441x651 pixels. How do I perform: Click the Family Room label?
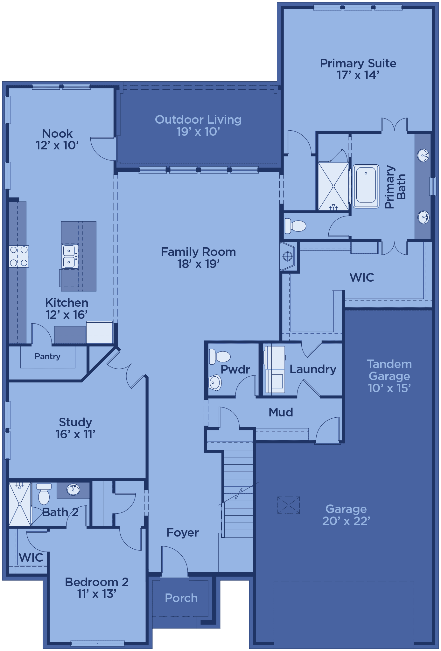tap(198, 252)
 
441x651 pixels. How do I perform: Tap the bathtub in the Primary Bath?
tap(366, 186)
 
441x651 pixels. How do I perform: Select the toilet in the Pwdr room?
tap(220, 357)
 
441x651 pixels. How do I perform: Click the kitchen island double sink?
tap(70, 257)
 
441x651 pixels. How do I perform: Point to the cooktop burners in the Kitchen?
tap(19, 256)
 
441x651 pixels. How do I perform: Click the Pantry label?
tap(47, 356)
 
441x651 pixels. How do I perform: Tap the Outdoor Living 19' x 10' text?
tap(198, 126)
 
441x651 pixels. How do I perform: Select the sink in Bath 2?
tap(73, 490)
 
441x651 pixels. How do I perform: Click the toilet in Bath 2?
tap(44, 494)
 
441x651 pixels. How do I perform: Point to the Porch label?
tap(181, 598)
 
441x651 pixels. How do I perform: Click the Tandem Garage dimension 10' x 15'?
tap(389, 388)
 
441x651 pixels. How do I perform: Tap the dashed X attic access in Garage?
tap(289, 505)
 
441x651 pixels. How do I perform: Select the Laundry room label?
tap(313, 369)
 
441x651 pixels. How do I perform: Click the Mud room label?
tap(281, 412)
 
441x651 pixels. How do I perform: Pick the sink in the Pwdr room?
tap(215, 382)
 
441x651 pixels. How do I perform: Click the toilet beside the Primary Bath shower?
tap(295, 225)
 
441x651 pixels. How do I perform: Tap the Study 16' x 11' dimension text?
tap(75, 434)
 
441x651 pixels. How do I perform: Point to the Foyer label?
tap(183, 532)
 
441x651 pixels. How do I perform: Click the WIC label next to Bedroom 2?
tap(31, 557)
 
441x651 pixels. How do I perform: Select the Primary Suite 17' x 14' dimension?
tap(358, 75)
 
